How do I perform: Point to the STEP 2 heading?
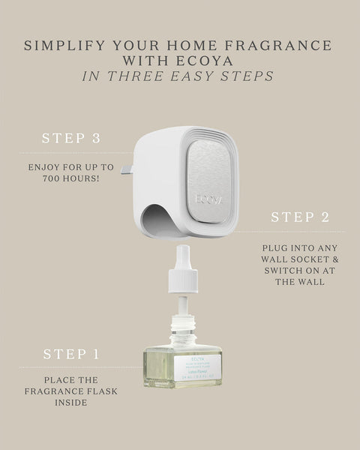pyautogui.click(x=299, y=217)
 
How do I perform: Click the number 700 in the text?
pyautogui.click(x=43, y=181)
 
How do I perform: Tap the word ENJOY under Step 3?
pyautogui.click(x=47, y=167)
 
